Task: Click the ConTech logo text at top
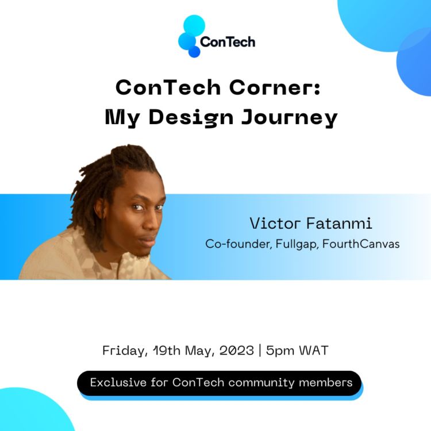pos(228,41)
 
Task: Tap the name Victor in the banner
pos(270,223)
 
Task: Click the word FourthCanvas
pos(361,244)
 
